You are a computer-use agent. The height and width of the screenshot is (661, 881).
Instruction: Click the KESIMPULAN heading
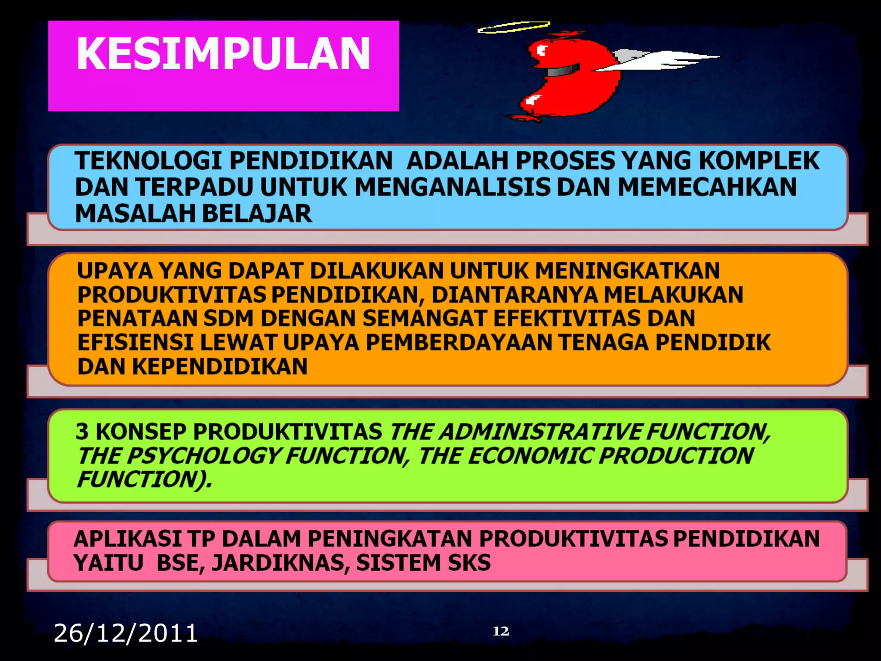223,53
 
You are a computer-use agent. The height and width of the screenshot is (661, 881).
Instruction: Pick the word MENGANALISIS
452,187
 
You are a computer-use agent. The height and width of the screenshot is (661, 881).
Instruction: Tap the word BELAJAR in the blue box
257,213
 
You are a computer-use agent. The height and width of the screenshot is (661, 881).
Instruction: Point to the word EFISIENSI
135,343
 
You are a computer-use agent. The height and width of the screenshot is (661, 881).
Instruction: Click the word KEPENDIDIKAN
219,367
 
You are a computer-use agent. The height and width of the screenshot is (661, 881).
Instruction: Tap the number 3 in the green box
82,432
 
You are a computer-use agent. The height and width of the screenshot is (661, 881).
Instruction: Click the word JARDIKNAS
280,563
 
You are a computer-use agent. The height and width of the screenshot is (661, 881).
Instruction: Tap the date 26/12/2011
126,633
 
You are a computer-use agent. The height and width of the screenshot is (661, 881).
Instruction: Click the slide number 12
501,631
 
